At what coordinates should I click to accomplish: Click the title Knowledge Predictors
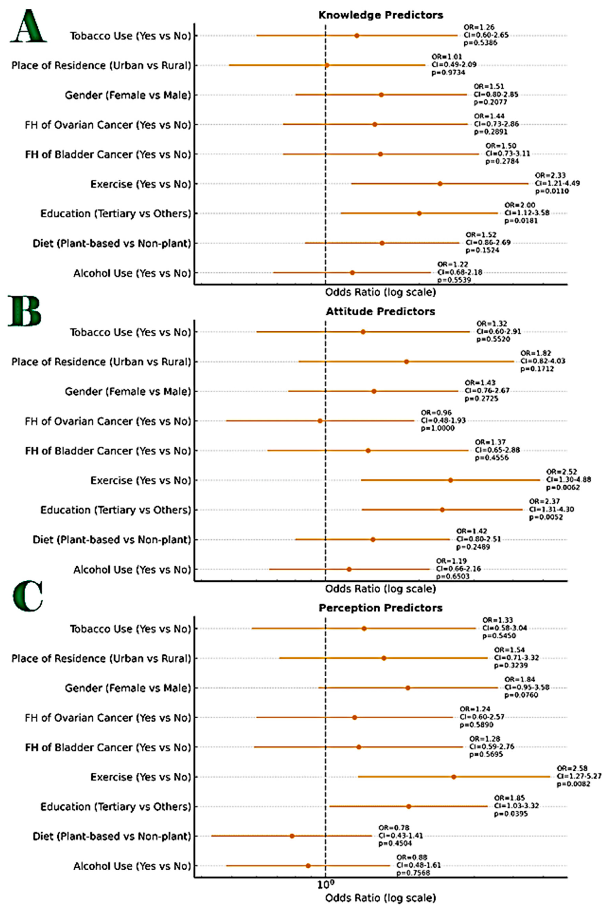tap(380, 15)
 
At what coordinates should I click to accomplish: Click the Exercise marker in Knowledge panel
tap(440, 184)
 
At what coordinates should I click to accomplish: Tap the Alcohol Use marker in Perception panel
tap(308, 866)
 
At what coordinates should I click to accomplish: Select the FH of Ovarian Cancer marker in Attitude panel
tap(320, 421)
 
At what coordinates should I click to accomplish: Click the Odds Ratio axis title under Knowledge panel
tap(380, 292)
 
